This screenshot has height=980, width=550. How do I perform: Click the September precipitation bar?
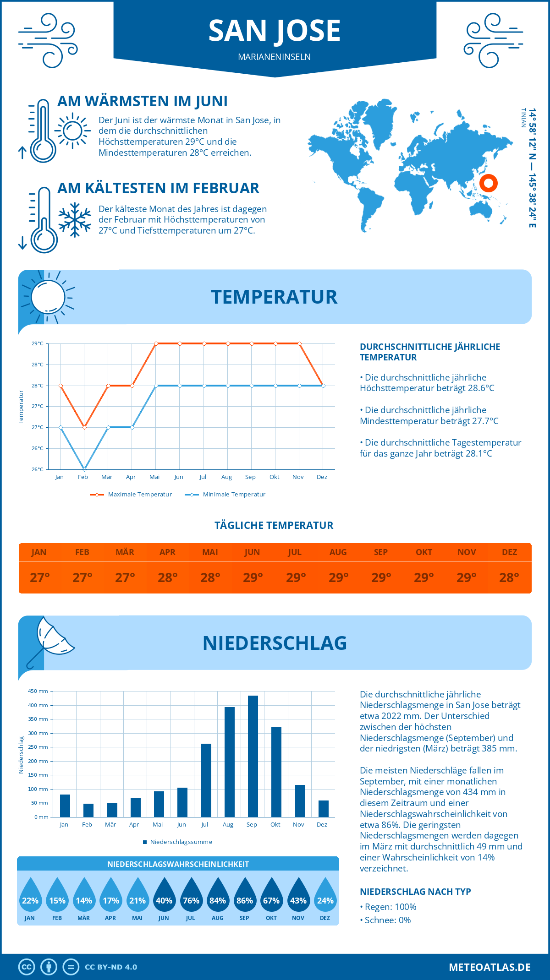click(x=253, y=756)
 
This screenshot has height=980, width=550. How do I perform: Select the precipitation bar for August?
click(x=229, y=762)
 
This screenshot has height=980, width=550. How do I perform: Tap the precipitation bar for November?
click(x=300, y=801)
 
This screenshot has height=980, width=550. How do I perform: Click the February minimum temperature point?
click(x=84, y=469)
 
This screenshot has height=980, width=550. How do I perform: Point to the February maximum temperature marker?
click(x=84, y=427)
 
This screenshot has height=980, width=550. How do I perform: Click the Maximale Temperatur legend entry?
click(x=131, y=495)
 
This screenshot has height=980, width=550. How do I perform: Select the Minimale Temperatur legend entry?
click(x=225, y=495)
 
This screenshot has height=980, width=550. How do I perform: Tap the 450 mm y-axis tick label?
click(x=38, y=691)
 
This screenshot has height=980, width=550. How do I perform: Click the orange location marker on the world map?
click(x=489, y=183)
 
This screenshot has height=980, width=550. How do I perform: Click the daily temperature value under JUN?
click(x=253, y=577)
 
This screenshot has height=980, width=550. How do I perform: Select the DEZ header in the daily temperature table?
click(x=509, y=552)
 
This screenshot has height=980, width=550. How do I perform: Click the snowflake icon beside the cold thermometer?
click(x=75, y=220)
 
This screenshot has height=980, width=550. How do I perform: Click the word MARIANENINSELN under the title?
click(x=274, y=57)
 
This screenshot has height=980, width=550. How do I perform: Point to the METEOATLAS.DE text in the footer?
click(x=489, y=967)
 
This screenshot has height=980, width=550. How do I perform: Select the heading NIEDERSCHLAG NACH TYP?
click(x=415, y=892)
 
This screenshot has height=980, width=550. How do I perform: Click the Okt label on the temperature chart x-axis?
click(x=274, y=477)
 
